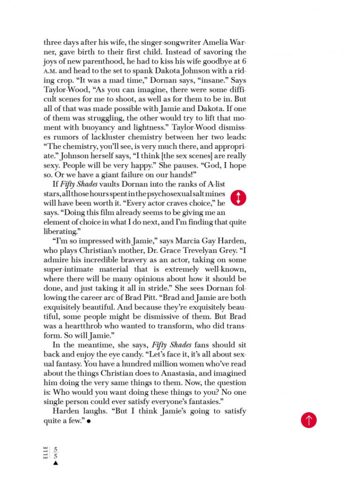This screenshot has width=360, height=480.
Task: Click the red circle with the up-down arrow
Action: coord(239,198)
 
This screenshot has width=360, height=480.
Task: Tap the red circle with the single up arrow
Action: coord(308,420)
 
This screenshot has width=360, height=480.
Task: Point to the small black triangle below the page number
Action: coord(55,463)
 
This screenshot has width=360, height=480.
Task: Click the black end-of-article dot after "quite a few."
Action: coord(89,421)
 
